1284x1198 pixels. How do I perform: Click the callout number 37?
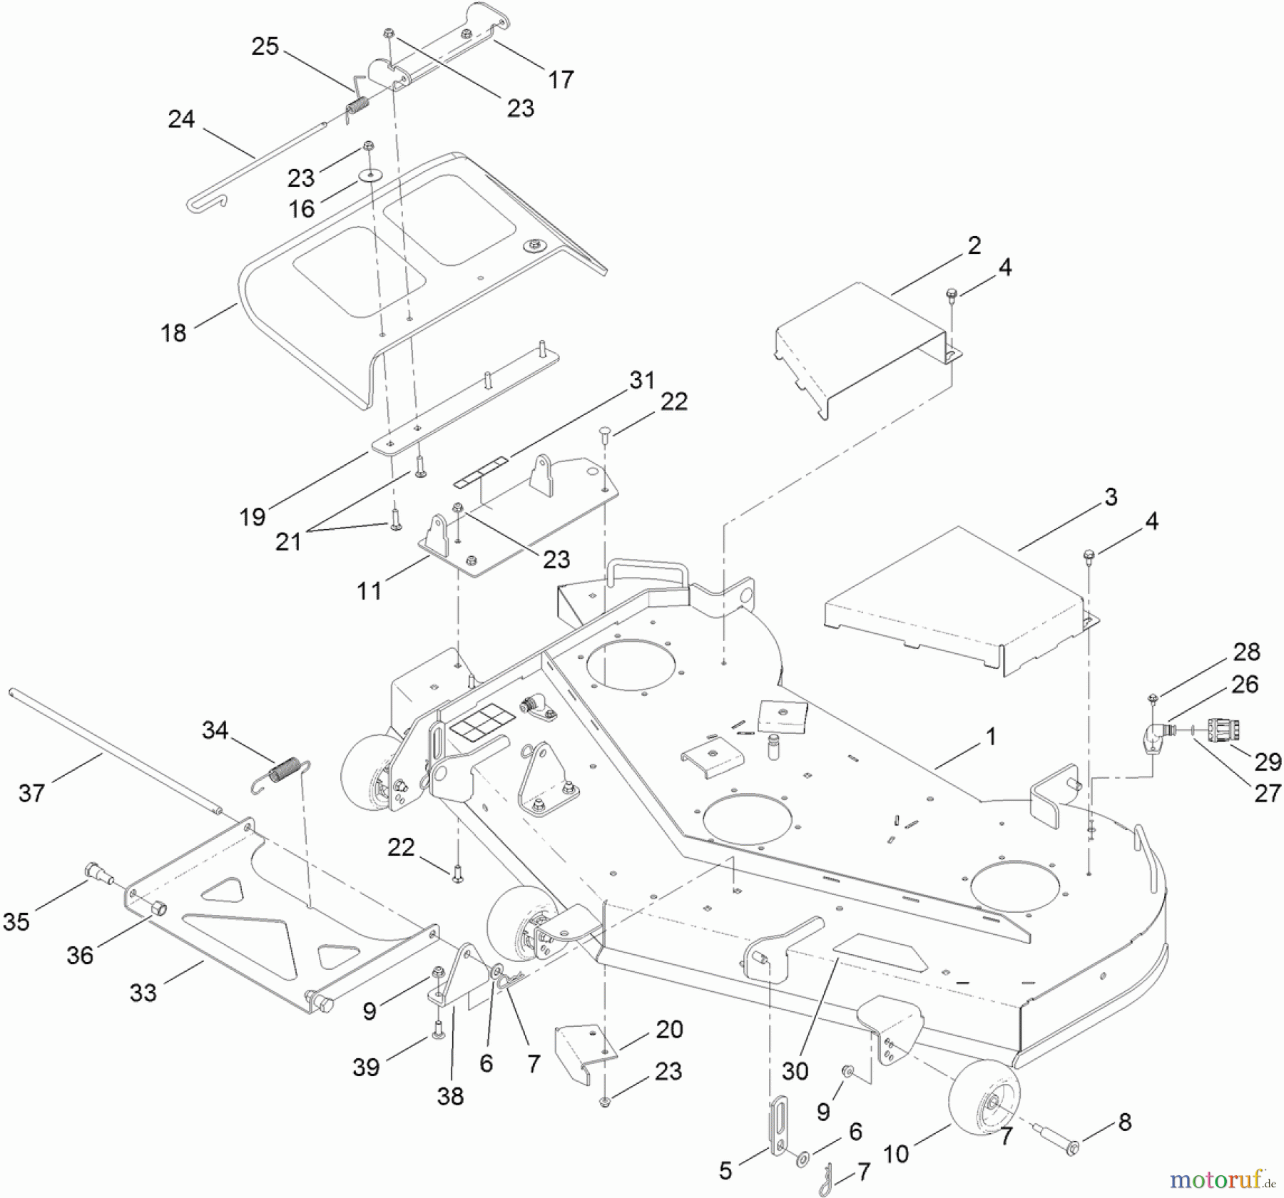(x=31, y=792)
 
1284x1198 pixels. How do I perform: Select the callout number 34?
(x=215, y=729)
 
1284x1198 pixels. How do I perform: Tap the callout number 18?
(x=173, y=332)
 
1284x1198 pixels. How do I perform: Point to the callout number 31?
(x=641, y=380)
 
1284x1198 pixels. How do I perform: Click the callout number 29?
(x=1268, y=762)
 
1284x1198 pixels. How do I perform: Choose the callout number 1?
(x=990, y=736)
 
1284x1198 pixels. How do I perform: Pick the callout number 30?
(x=795, y=1070)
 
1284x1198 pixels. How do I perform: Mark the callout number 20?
(x=669, y=1029)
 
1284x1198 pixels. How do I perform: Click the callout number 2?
(x=974, y=245)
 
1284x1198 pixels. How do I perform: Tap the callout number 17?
(x=561, y=79)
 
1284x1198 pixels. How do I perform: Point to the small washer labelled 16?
(x=370, y=175)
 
